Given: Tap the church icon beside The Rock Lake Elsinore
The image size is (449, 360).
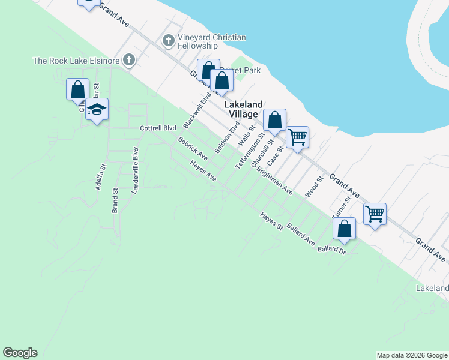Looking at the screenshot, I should (x=128, y=60).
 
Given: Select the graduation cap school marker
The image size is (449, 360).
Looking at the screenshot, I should (x=97, y=110).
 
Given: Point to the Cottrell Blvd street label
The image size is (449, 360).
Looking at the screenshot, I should (x=158, y=128).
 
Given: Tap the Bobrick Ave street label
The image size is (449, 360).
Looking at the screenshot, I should (x=193, y=149).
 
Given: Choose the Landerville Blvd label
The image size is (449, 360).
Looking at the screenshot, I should (x=136, y=170).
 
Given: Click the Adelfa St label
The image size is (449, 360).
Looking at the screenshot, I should (x=101, y=177).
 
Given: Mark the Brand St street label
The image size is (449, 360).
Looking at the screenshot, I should (x=115, y=201).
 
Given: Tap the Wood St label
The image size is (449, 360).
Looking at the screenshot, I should (x=314, y=186).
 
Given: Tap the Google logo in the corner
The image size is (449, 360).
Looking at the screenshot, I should (x=20, y=353).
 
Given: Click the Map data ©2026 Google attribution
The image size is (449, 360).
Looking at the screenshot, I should (x=412, y=355).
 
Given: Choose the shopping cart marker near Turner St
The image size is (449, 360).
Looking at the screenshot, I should (x=375, y=214).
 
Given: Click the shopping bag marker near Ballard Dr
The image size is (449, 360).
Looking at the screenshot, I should (x=345, y=229).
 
